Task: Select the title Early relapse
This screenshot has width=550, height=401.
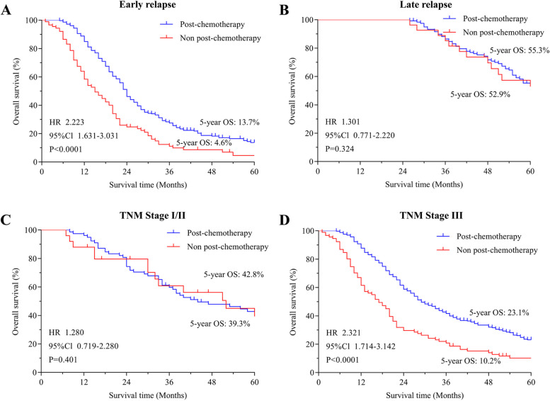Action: (148, 6)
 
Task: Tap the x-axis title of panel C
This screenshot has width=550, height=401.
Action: (148, 396)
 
